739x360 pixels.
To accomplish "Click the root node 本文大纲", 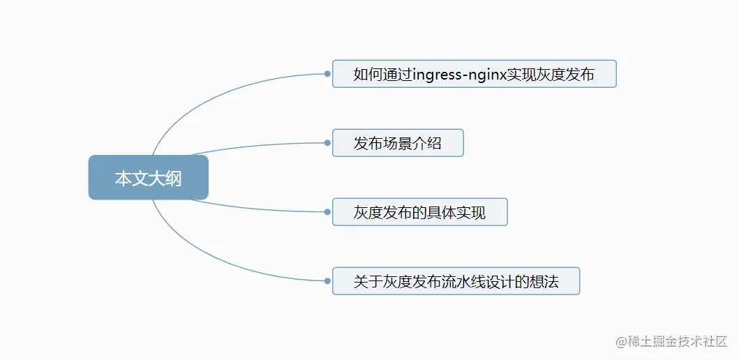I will [148, 178].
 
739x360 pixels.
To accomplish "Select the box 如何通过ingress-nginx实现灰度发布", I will [474, 74].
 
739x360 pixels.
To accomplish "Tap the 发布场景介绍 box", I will [398, 143].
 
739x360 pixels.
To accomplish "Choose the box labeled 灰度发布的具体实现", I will [419, 212].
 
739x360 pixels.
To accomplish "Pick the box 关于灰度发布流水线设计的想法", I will [456, 281].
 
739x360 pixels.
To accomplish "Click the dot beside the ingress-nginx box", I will [327, 73].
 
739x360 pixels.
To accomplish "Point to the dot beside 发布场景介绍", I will [327, 142].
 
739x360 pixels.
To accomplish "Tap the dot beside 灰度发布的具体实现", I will [327, 212].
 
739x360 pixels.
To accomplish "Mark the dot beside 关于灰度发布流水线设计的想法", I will [327, 281].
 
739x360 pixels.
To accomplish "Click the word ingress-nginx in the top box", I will [459, 74].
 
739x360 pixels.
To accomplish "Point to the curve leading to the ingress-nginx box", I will [209, 94].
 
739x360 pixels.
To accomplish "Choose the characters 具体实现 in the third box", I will [460, 213].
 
